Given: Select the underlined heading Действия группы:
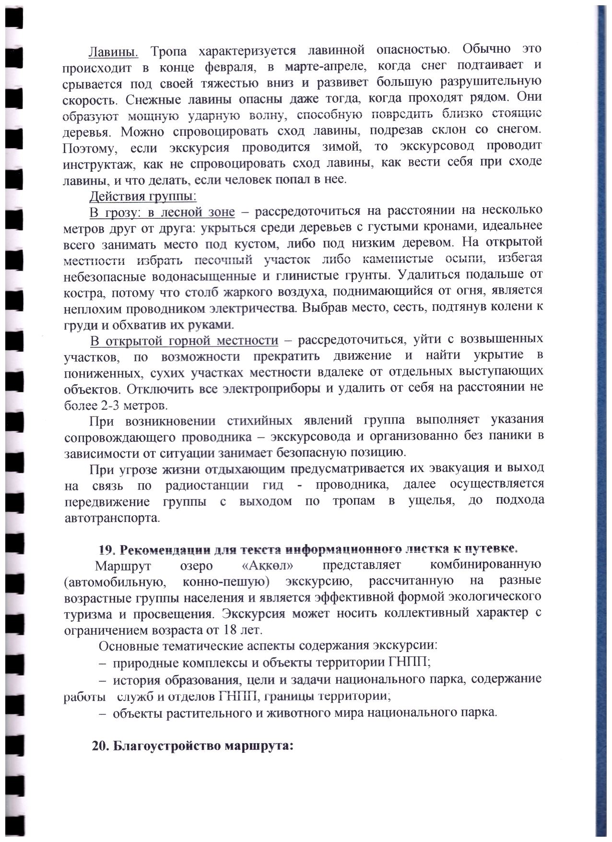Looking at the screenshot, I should [x=143, y=196].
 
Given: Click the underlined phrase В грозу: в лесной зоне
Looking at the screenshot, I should [x=163, y=212].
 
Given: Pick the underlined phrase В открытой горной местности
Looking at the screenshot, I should [x=184, y=341].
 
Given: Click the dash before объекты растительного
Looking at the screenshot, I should [x=102, y=713].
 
